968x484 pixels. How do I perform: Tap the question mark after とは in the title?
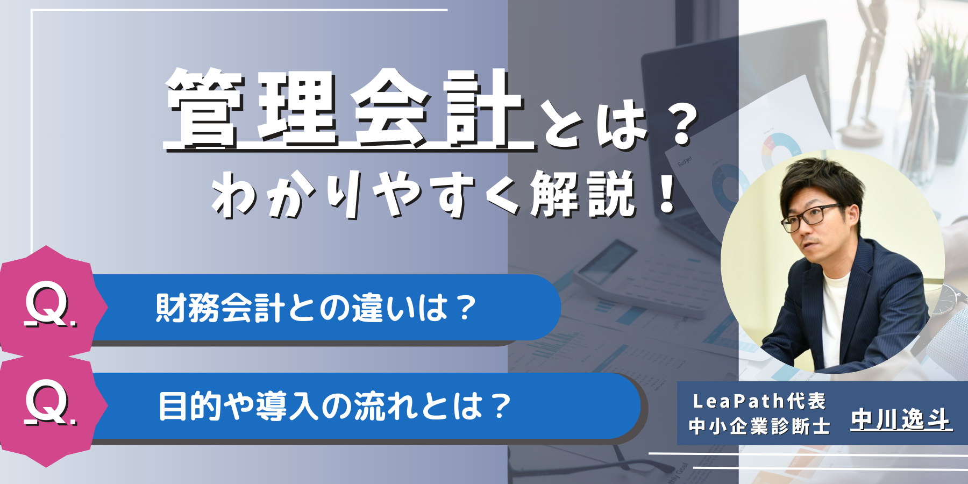(682, 126)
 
